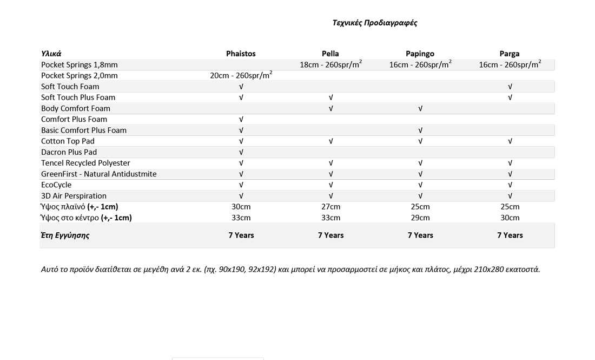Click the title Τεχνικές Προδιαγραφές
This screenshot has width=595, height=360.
tap(374, 23)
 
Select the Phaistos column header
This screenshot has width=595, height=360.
tap(241, 54)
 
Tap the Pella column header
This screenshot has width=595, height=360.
tap(330, 54)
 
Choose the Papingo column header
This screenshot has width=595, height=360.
tap(420, 54)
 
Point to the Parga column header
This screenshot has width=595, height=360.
tap(510, 54)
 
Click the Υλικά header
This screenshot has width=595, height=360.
tap(51, 54)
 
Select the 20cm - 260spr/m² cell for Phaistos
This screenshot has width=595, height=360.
tap(241, 75)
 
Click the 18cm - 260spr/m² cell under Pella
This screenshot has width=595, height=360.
tap(330, 64)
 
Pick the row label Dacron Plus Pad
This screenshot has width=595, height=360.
tap(69, 152)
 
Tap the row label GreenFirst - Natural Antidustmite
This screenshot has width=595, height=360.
tap(99, 174)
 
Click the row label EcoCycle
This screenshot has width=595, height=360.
tap(56, 185)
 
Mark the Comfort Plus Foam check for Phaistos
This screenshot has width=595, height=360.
tap(241, 119)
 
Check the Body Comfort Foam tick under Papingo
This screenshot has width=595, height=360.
tap(420, 108)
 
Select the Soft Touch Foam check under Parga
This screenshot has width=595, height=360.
tap(510, 87)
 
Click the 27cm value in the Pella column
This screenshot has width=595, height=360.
tap(330, 207)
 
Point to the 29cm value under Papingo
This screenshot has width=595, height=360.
tap(420, 218)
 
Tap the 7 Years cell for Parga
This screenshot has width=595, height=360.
tap(510, 235)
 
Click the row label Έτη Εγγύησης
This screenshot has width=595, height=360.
tap(65, 235)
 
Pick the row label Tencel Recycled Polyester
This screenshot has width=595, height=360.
tap(85, 163)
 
